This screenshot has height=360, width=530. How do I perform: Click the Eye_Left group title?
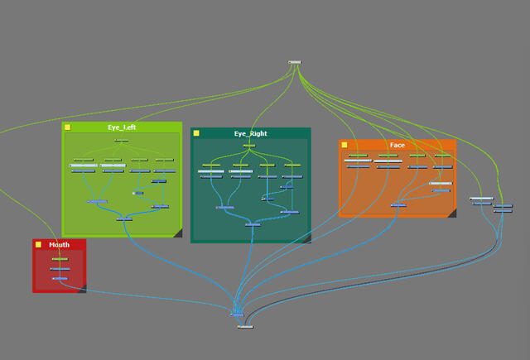(x=122, y=127)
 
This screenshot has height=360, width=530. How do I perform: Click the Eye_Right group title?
(x=250, y=133)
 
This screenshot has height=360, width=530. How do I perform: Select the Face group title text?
(x=397, y=145)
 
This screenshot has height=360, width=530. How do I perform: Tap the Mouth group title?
(x=59, y=245)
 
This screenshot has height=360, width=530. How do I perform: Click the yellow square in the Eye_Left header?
(x=68, y=127)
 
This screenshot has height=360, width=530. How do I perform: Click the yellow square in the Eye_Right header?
(x=196, y=133)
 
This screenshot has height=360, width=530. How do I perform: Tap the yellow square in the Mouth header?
(x=38, y=245)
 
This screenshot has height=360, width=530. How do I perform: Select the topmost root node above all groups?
(x=295, y=62)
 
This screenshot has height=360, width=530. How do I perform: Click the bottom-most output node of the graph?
(x=244, y=327)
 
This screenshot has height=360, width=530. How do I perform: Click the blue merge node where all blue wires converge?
(x=238, y=314)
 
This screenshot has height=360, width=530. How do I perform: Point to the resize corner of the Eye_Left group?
(x=176, y=233)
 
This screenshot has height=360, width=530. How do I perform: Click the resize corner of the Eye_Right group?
(x=306, y=238)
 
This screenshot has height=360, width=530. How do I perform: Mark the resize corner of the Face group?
(x=451, y=213)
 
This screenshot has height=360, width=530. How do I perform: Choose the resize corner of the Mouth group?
(x=81, y=289)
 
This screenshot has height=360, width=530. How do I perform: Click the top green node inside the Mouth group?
(x=59, y=259)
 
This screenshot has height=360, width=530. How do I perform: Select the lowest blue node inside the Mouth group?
(x=59, y=279)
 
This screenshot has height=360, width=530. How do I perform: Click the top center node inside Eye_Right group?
(x=248, y=146)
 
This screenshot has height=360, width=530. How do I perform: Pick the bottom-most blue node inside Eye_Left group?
(x=124, y=219)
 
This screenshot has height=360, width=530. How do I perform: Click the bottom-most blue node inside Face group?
(x=398, y=204)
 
